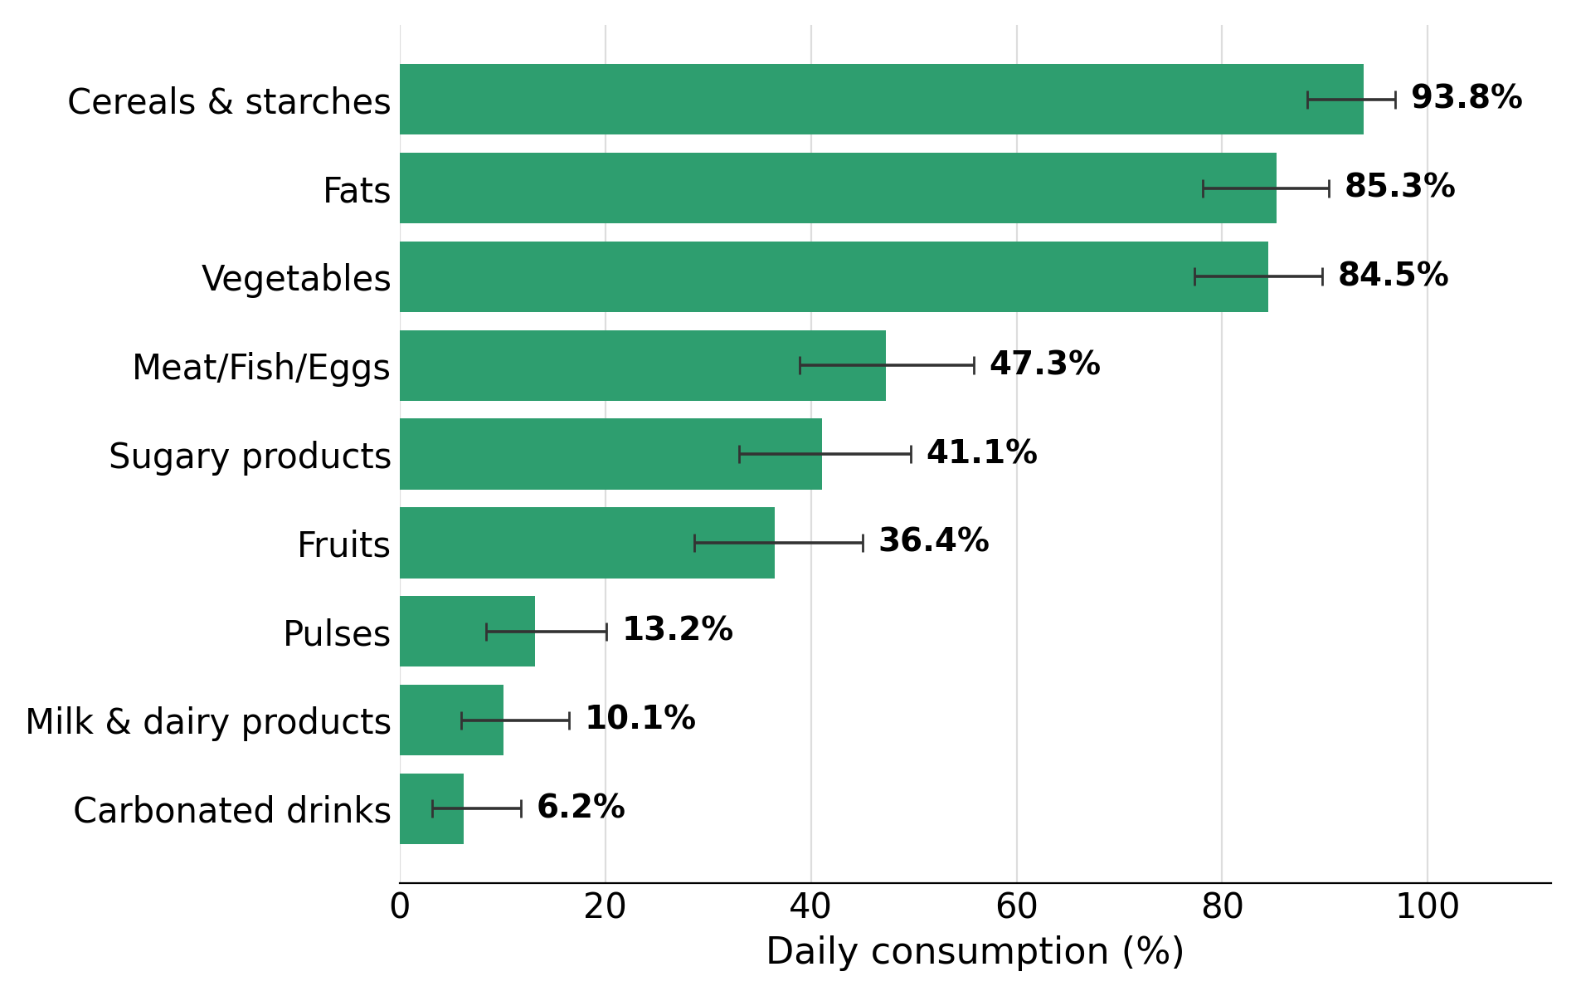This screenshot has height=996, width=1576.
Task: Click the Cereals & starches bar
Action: point(881,100)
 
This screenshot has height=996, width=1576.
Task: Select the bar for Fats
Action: point(838,188)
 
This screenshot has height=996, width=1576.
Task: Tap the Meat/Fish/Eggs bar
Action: point(643,365)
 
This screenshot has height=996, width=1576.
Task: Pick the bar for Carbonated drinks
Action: point(431,808)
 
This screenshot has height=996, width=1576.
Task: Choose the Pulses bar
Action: point(467,632)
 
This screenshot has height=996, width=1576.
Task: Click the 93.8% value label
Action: point(1467,98)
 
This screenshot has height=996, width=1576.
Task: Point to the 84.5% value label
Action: point(1394,276)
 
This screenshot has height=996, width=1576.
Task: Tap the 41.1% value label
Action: point(982,453)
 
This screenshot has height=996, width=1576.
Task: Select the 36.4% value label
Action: point(934,541)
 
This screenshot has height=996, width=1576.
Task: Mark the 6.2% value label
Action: point(581,808)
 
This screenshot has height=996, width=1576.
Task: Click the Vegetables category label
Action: point(296,279)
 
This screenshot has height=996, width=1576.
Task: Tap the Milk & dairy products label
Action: point(208,722)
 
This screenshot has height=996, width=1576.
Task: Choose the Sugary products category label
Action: point(250,456)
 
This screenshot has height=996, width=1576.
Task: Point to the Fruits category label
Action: point(343,545)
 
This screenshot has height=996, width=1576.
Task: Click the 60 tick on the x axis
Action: point(1017,907)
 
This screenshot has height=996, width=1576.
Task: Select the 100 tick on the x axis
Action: point(1428,907)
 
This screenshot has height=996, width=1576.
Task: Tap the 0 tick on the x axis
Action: point(400,907)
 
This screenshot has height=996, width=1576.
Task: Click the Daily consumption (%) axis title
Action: point(975,952)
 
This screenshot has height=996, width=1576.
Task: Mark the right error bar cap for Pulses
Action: point(606,632)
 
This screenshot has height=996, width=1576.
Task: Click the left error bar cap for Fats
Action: point(1203,188)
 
